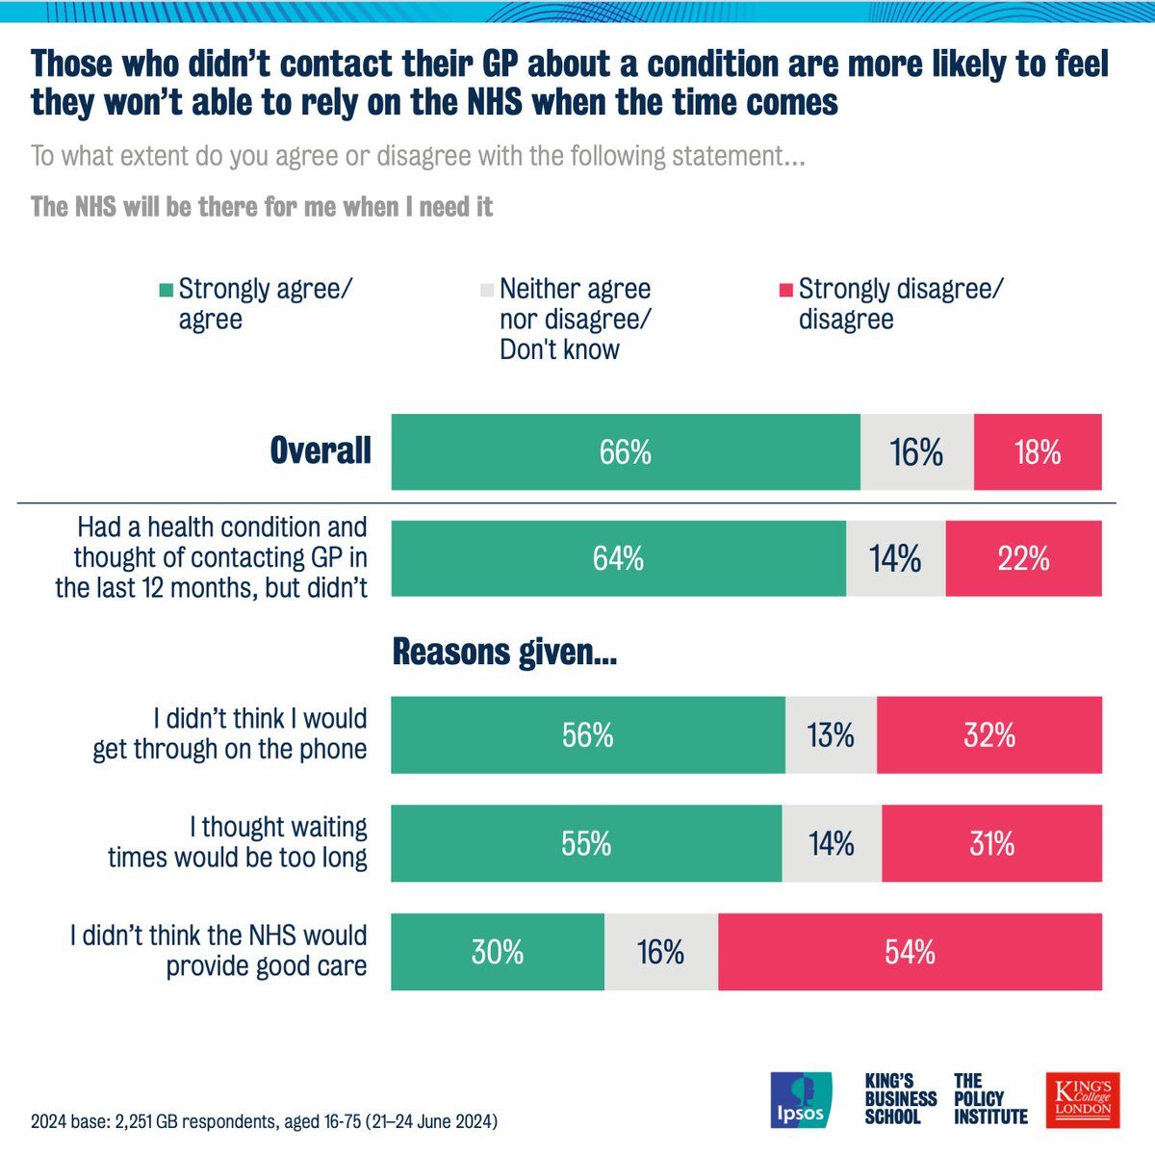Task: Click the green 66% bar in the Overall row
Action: (626, 452)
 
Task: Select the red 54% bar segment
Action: (910, 952)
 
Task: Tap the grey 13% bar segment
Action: (831, 735)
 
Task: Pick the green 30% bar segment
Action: (498, 952)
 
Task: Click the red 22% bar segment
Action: (1023, 559)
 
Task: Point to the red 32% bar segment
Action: (989, 735)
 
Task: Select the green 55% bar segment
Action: (586, 844)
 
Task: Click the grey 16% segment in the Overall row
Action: (916, 452)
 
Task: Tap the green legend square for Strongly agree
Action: (167, 290)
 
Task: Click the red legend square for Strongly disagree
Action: (786, 290)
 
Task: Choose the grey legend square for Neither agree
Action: (487, 290)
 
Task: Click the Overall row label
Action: (321, 450)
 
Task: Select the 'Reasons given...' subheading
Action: (504, 653)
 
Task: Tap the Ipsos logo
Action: (801, 1099)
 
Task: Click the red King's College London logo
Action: (1083, 1099)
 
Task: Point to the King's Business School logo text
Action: (900, 1099)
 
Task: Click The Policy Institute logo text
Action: (990, 1099)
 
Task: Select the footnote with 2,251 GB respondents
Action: (264, 1121)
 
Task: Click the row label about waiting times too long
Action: (238, 842)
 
